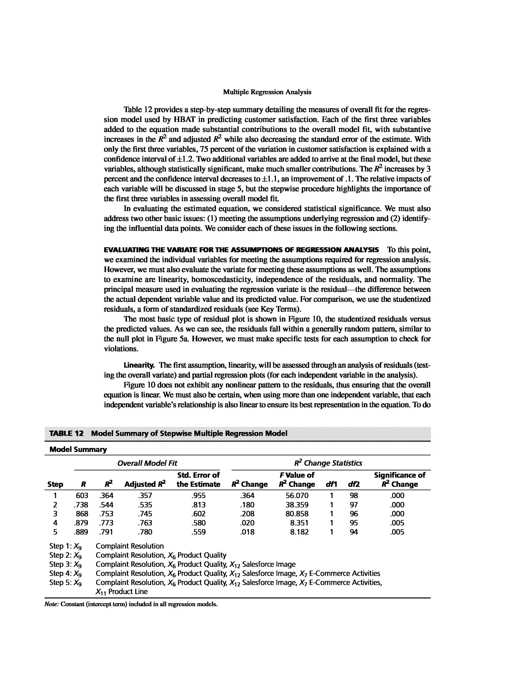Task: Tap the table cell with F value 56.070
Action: pos(297,496)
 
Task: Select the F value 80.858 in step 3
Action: pos(297,514)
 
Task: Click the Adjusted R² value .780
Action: pos(145,532)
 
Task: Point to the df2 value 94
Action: pos(354,532)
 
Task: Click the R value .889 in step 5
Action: pos(81,532)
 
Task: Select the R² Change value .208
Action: pos(247,514)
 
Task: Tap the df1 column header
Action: pos(331,484)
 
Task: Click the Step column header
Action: pos(55,484)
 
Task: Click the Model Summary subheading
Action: pos(78,450)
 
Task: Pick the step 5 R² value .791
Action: pos(106,532)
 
